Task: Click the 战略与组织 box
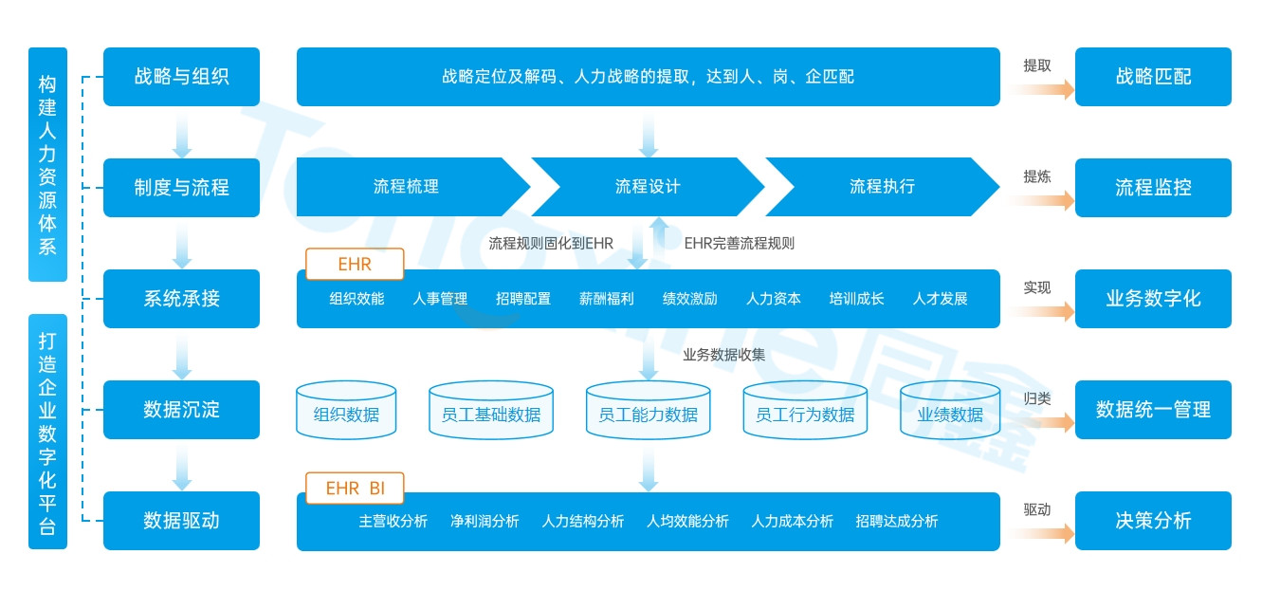click(x=181, y=77)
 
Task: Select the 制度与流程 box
click(x=181, y=188)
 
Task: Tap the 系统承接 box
click(x=181, y=299)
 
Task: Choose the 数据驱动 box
click(x=181, y=521)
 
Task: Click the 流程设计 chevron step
click(x=648, y=188)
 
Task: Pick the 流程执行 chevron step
click(x=882, y=188)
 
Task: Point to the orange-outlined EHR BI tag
click(x=355, y=489)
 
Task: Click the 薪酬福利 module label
click(x=606, y=299)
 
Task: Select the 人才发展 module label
click(x=940, y=299)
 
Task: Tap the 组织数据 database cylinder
click(x=346, y=412)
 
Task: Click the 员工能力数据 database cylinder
click(x=648, y=412)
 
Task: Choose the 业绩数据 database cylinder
click(x=949, y=412)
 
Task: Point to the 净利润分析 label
click(x=485, y=522)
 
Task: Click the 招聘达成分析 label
click(x=896, y=522)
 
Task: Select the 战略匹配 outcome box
click(x=1153, y=77)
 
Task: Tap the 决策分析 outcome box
click(x=1153, y=521)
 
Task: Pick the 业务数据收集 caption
click(x=723, y=355)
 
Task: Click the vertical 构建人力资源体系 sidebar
click(x=47, y=164)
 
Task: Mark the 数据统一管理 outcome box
click(x=1153, y=410)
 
